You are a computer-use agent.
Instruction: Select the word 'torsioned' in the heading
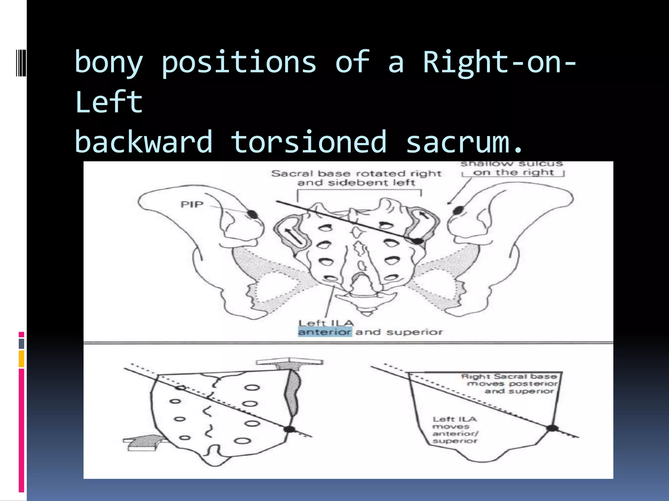(x=309, y=142)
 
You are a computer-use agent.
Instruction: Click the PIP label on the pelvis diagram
(x=192, y=205)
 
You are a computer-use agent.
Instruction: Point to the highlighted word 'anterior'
(x=325, y=332)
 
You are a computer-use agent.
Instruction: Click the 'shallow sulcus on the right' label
(x=513, y=168)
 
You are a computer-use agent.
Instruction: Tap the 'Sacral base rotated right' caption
(x=356, y=174)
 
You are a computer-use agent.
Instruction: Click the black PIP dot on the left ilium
(x=252, y=214)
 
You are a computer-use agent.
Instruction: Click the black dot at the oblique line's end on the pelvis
(x=418, y=241)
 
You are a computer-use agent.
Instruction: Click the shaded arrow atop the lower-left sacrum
(x=289, y=364)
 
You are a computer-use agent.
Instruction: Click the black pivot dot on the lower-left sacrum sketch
(x=289, y=429)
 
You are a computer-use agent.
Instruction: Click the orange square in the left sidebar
(x=21, y=359)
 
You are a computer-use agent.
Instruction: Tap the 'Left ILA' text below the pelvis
(x=326, y=323)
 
